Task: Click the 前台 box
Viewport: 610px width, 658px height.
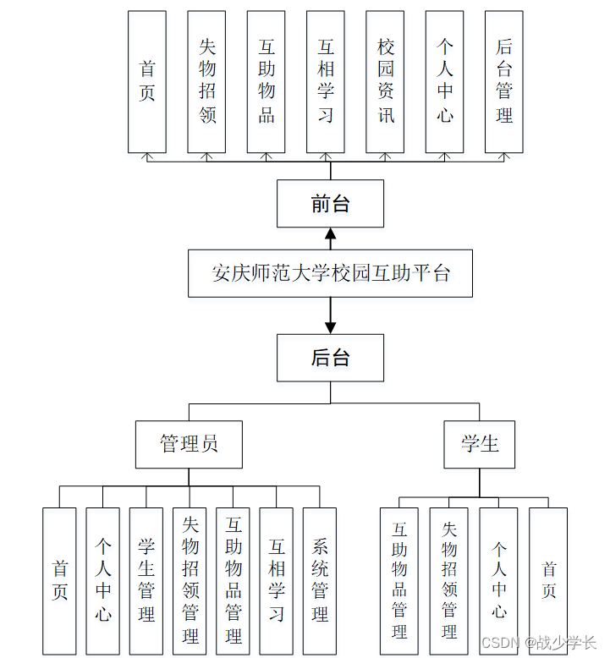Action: pos(330,204)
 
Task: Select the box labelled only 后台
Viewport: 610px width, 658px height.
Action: pos(330,358)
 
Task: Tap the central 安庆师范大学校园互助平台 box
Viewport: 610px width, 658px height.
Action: pos(330,273)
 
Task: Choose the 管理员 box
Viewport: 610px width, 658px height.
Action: pos(189,444)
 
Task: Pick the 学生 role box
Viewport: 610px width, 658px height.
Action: pos(480,444)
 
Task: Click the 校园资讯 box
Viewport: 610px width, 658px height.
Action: pos(386,81)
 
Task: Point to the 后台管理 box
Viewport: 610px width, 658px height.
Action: pos(504,81)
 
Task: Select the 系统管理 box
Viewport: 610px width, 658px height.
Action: pos(320,580)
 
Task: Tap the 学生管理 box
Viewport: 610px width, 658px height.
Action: pos(146,580)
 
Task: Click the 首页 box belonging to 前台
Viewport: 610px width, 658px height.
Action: pos(147,81)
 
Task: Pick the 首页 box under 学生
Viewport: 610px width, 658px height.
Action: pos(548,580)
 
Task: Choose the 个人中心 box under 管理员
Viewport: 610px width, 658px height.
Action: pos(103,580)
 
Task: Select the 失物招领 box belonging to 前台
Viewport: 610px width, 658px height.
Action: pos(207,81)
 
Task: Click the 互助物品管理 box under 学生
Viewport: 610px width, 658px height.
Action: pos(399,580)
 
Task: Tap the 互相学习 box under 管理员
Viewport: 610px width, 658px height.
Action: pos(277,580)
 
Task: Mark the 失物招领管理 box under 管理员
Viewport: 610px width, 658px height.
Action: pos(190,580)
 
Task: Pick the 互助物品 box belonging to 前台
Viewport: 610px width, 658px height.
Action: pos(267,81)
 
